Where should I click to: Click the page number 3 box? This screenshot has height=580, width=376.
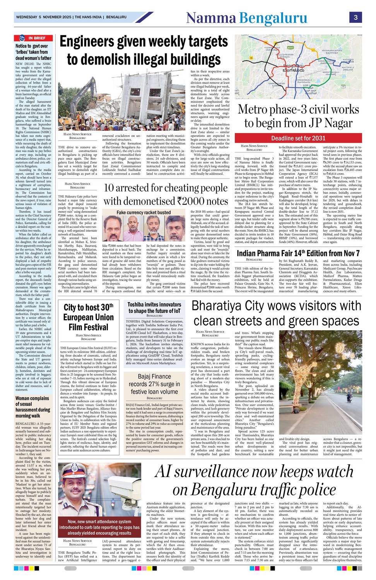click(x=355, y=18)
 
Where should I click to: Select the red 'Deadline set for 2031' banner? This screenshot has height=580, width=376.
click(x=298, y=138)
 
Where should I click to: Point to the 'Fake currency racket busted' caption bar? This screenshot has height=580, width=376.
click(x=144, y=212)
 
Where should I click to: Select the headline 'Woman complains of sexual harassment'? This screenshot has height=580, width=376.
click(x=32, y=407)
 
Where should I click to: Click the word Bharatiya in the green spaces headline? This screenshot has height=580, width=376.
click(x=221, y=306)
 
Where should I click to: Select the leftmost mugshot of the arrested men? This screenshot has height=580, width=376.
click(x=113, y=229)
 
